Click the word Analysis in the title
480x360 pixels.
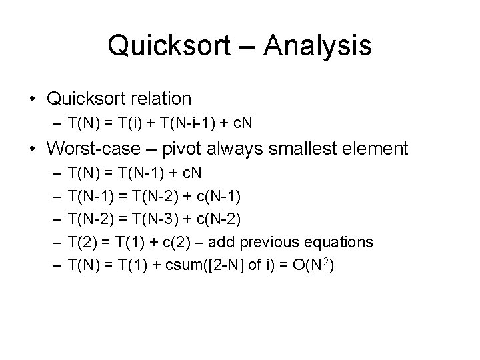(317, 46)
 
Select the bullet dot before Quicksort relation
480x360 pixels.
(33, 99)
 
